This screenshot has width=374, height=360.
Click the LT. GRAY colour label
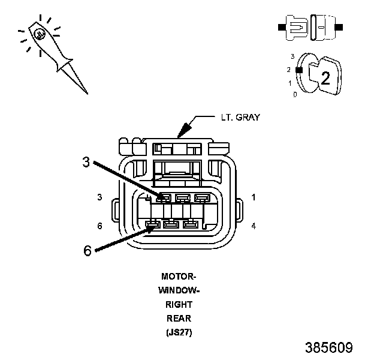(x=239, y=118)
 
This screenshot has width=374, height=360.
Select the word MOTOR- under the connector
(x=179, y=277)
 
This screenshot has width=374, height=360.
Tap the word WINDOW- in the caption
(x=179, y=290)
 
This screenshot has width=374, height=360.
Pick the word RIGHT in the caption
(x=179, y=304)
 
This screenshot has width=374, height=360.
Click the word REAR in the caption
(x=179, y=318)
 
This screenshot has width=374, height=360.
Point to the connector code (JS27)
(x=179, y=332)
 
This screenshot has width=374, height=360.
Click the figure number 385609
(x=328, y=348)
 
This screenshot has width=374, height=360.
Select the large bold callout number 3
(x=87, y=161)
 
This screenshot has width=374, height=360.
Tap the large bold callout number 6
(x=88, y=251)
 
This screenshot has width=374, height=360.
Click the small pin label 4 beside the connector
(x=254, y=226)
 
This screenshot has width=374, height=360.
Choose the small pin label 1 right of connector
(x=254, y=197)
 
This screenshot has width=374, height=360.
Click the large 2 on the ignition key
(x=325, y=77)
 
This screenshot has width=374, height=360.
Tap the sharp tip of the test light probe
(x=87, y=93)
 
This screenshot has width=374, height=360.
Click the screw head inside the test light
(x=39, y=34)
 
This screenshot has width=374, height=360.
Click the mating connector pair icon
(x=310, y=27)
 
